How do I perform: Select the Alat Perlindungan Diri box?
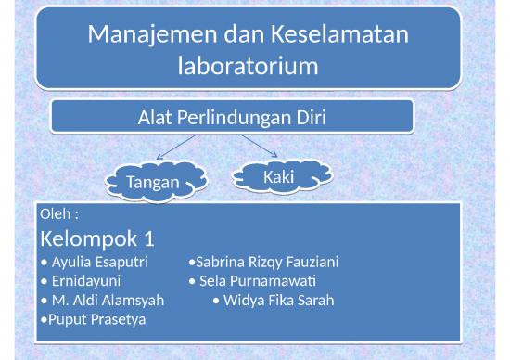click(x=232, y=117)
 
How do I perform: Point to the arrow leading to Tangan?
click(x=176, y=148)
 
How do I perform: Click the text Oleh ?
click(x=59, y=214)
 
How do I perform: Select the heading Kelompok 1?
click(x=97, y=238)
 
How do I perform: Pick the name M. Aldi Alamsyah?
click(x=108, y=300)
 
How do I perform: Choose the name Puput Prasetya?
click(x=96, y=319)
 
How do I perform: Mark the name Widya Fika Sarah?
click(x=278, y=300)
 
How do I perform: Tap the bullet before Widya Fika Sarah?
click(x=215, y=301)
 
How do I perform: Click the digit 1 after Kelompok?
click(x=148, y=238)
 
